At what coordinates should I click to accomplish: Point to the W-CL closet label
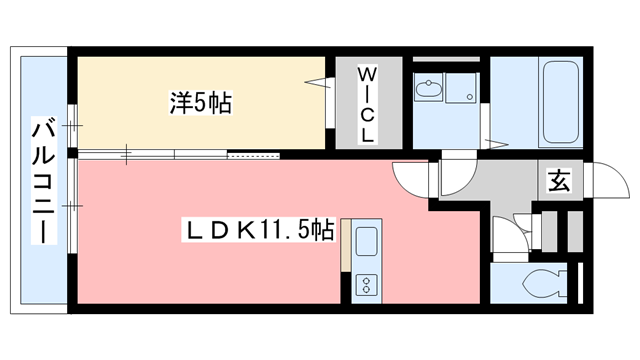pos(367,104)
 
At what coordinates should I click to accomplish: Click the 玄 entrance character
pos(558,183)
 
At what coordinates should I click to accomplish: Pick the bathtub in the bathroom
pos(547,102)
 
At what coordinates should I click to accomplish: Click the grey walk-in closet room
pos(367,104)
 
